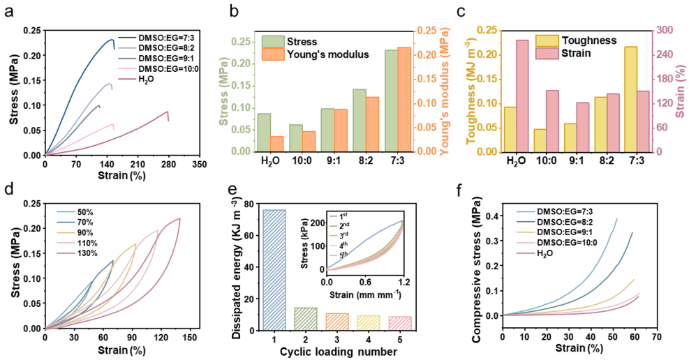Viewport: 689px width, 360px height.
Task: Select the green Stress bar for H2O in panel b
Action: click(264, 133)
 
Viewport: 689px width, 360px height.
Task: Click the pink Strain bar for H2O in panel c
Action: click(521, 96)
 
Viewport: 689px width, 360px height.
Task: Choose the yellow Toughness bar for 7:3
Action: click(630, 99)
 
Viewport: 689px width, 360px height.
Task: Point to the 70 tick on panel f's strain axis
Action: click(656, 338)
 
